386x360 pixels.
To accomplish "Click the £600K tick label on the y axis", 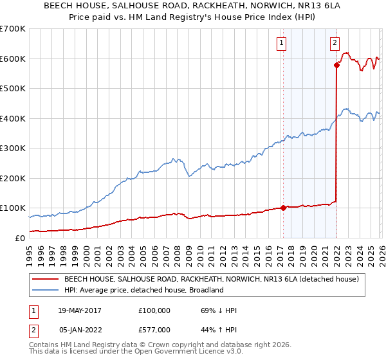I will (x=13, y=59).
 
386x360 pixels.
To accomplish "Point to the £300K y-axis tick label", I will (x=13, y=148).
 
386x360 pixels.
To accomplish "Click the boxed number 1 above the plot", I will (x=282, y=43).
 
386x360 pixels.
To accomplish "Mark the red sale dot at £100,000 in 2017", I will (x=283, y=208).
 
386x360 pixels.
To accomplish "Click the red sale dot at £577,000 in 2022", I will (x=336, y=65).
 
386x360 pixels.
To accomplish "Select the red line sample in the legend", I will (x=46, y=279).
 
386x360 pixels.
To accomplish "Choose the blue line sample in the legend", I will (x=46, y=290).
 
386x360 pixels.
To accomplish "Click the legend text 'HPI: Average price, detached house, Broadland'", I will (x=143, y=290).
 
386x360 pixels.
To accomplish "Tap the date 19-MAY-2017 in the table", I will (x=80, y=310).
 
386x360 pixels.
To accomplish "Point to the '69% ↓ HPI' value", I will (x=219, y=310).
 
